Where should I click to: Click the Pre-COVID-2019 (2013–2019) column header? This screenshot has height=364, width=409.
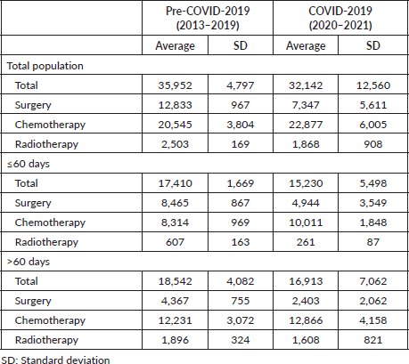click(x=208, y=18)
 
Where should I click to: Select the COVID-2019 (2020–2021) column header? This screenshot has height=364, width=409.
click(x=340, y=18)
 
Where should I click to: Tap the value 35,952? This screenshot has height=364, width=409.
click(x=175, y=85)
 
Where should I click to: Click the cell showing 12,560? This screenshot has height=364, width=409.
click(x=373, y=85)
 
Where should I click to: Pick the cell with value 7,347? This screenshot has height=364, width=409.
click(x=306, y=105)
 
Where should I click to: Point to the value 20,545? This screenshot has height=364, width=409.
click(x=175, y=125)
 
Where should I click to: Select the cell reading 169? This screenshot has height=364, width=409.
click(x=241, y=144)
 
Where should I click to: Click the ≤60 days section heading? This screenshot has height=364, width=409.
click(x=29, y=164)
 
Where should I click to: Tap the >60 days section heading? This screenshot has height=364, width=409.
click(x=29, y=262)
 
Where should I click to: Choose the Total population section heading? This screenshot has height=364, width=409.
click(x=45, y=66)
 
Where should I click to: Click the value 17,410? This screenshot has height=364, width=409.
click(x=175, y=183)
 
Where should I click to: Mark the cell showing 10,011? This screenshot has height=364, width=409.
click(x=306, y=222)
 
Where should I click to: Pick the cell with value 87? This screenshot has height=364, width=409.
click(x=373, y=242)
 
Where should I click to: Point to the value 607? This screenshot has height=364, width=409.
click(x=175, y=242)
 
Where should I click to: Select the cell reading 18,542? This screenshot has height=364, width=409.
click(x=175, y=281)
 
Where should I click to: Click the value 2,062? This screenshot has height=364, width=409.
click(x=373, y=301)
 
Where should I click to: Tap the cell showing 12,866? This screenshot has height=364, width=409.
click(x=306, y=320)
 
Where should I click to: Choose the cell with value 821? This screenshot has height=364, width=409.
click(x=373, y=340)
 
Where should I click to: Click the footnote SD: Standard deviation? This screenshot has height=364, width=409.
click(x=55, y=360)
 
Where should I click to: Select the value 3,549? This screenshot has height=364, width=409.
click(x=373, y=203)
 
